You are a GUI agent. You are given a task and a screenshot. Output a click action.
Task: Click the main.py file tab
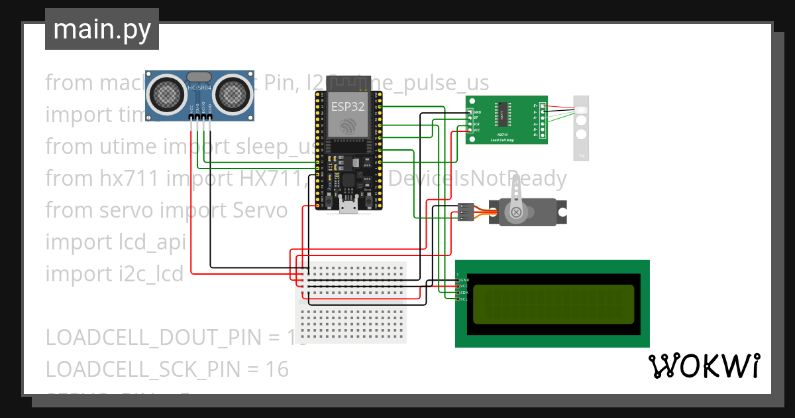101,29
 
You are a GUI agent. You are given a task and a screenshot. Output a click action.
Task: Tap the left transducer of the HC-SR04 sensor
166,92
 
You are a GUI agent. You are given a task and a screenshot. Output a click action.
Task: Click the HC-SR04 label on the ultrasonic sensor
199,88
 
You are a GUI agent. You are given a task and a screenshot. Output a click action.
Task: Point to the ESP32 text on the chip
348,105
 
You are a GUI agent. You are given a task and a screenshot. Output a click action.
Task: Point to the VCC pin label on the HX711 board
476,131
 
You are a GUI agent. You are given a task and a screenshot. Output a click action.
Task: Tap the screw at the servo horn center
514,212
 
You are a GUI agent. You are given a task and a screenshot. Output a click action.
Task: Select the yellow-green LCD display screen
554,303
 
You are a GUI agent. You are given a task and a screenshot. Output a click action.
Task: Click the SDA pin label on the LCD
464,293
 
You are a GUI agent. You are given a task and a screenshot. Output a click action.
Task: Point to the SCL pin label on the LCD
464,299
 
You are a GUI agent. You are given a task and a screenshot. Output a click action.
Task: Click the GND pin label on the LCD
464,280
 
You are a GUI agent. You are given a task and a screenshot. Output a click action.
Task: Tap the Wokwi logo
703,366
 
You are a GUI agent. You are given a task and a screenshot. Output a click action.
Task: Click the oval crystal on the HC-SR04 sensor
199,77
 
